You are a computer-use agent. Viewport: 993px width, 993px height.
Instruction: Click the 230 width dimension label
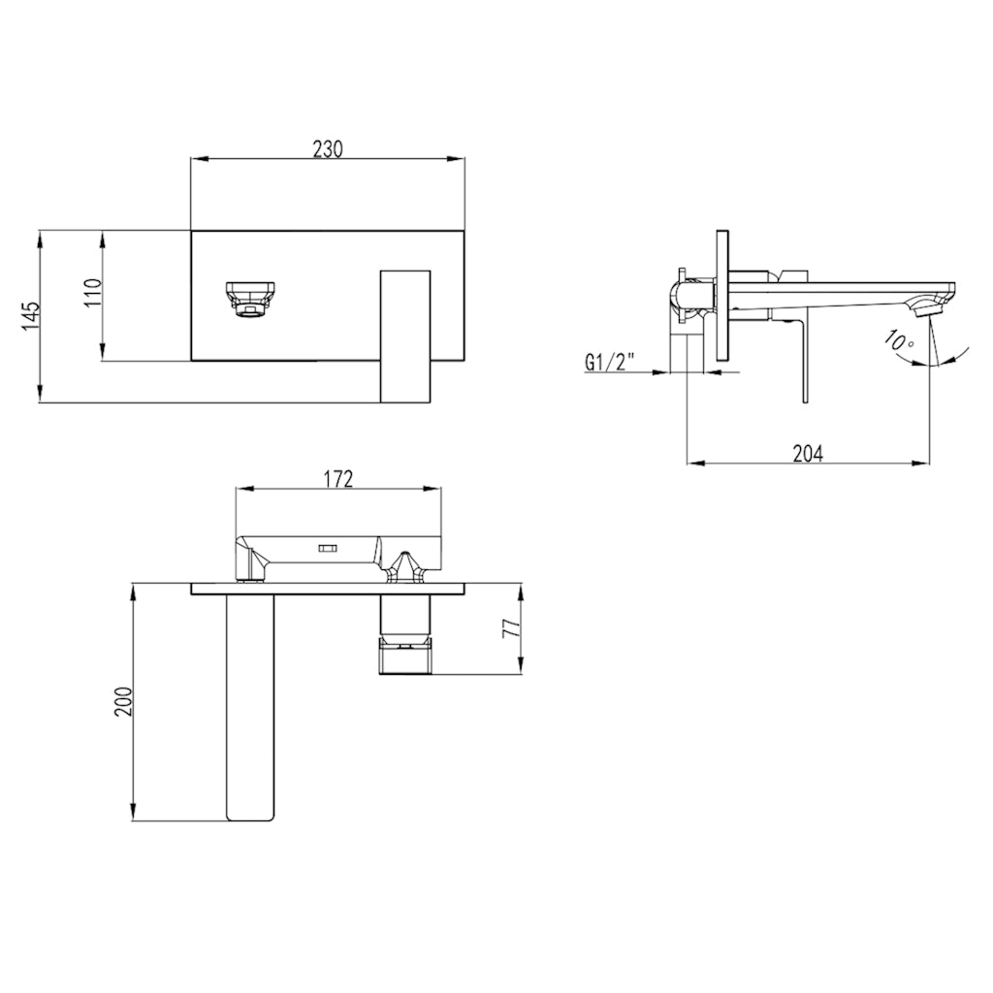click(327, 148)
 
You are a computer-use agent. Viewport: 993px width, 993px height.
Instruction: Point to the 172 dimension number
click(337, 478)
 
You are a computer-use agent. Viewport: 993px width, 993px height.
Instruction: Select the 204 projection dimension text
click(807, 453)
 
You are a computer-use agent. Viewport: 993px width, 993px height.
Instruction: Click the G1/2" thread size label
click(610, 363)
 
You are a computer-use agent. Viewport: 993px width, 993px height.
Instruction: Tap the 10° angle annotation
click(898, 341)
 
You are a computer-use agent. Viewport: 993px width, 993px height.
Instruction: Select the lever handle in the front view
click(405, 335)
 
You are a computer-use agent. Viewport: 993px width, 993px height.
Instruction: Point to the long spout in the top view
click(250, 708)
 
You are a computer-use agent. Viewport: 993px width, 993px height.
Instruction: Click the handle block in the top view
click(406, 634)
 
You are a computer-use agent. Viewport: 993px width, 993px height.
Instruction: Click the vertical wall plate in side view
click(721, 300)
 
